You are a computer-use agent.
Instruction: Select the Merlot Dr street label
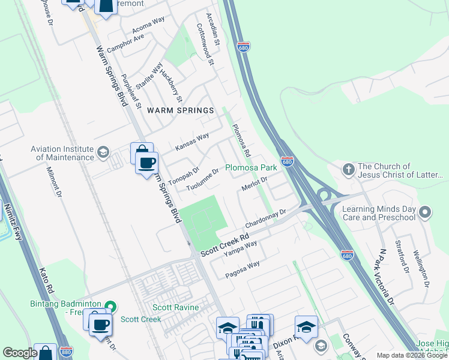click(x=254, y=183)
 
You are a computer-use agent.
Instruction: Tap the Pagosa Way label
click(x=243, y=269)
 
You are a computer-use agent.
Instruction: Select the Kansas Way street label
click(x=191, y=142)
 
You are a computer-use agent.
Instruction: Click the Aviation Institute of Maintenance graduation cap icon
click(x=104, y=151)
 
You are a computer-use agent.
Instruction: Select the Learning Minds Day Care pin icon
click(x=426, y=212)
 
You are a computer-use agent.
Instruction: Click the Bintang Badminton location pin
click(x=109, y=306)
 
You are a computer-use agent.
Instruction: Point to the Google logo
click(x=19, y=353)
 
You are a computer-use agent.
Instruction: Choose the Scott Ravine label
click(x=175, y=307)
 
